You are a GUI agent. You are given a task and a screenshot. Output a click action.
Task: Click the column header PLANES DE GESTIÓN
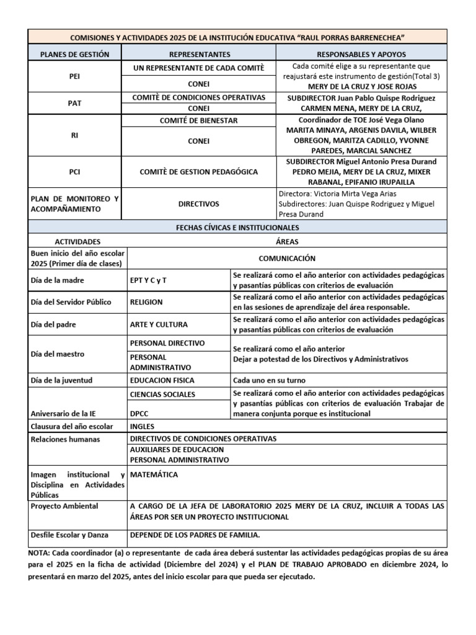[74, 54]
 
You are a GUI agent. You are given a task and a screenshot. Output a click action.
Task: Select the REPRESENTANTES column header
[199, 54]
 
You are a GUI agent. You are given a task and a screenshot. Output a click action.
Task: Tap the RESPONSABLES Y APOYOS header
[361, 54]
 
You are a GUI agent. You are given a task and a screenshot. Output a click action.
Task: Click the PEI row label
[74, 76]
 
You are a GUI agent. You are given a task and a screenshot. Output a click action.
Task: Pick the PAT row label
[74, 103]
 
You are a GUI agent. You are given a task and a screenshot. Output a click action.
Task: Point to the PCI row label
[74, 171]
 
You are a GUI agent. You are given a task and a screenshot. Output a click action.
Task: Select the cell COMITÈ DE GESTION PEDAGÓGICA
[199, 171]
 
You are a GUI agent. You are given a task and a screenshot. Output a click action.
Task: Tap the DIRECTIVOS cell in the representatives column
[199, 203]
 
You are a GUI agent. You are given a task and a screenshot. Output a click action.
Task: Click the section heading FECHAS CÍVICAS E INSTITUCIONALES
[237, 228]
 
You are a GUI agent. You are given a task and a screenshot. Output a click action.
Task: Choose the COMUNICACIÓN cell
[286, 258]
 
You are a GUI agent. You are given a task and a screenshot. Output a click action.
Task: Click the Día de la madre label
[57, 280]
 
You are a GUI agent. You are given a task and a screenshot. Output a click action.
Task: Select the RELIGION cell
[146, 302]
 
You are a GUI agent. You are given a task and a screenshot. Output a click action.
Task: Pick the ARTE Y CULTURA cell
[159, 324]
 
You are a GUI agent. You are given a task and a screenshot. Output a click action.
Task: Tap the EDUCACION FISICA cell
[162, 380]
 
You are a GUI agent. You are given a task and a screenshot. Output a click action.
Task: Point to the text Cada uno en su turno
[269, 380]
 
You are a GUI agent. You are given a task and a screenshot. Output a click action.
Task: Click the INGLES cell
[142, 426]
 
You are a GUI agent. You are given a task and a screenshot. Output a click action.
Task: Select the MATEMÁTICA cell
[154, 474]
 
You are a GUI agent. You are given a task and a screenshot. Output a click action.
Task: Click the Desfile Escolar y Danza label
[69, 535]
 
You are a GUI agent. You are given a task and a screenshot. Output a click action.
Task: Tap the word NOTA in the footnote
[40, 553]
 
